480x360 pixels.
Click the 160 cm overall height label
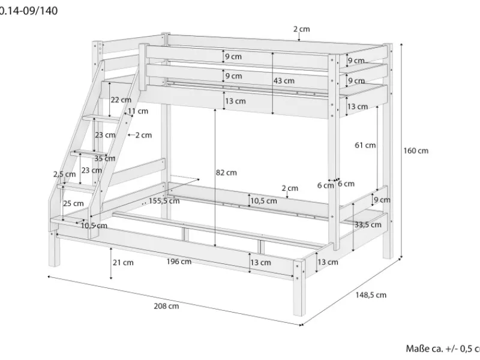coord(416,151)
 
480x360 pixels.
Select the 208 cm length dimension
coord(166,306)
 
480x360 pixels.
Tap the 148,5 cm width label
coord(371,295)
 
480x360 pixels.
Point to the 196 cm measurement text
coord(179,261)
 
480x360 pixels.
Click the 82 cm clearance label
coord(226,172)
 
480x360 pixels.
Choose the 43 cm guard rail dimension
coord(284,80)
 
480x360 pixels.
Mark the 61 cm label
coord(365,145)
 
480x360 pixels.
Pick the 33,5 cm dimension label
coord(368,224)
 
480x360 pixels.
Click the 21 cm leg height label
coord(122,262)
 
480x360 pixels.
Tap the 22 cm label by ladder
coord(121,100)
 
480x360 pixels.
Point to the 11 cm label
coord(137,111)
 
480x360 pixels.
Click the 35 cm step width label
coord(105,158)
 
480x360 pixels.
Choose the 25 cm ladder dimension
coord(74,203)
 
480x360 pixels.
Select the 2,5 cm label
coord(65,174)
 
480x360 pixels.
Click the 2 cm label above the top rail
coord(301,29)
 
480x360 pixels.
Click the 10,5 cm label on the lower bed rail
coord(263,201)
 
